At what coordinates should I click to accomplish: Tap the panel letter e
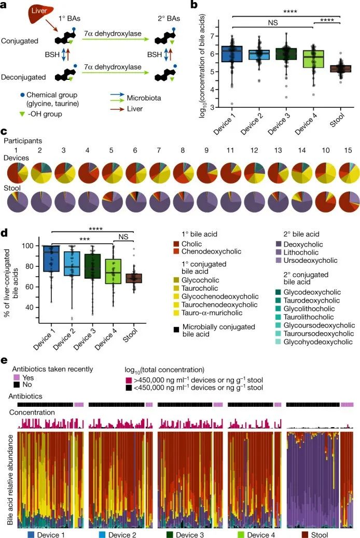coord(5,360)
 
